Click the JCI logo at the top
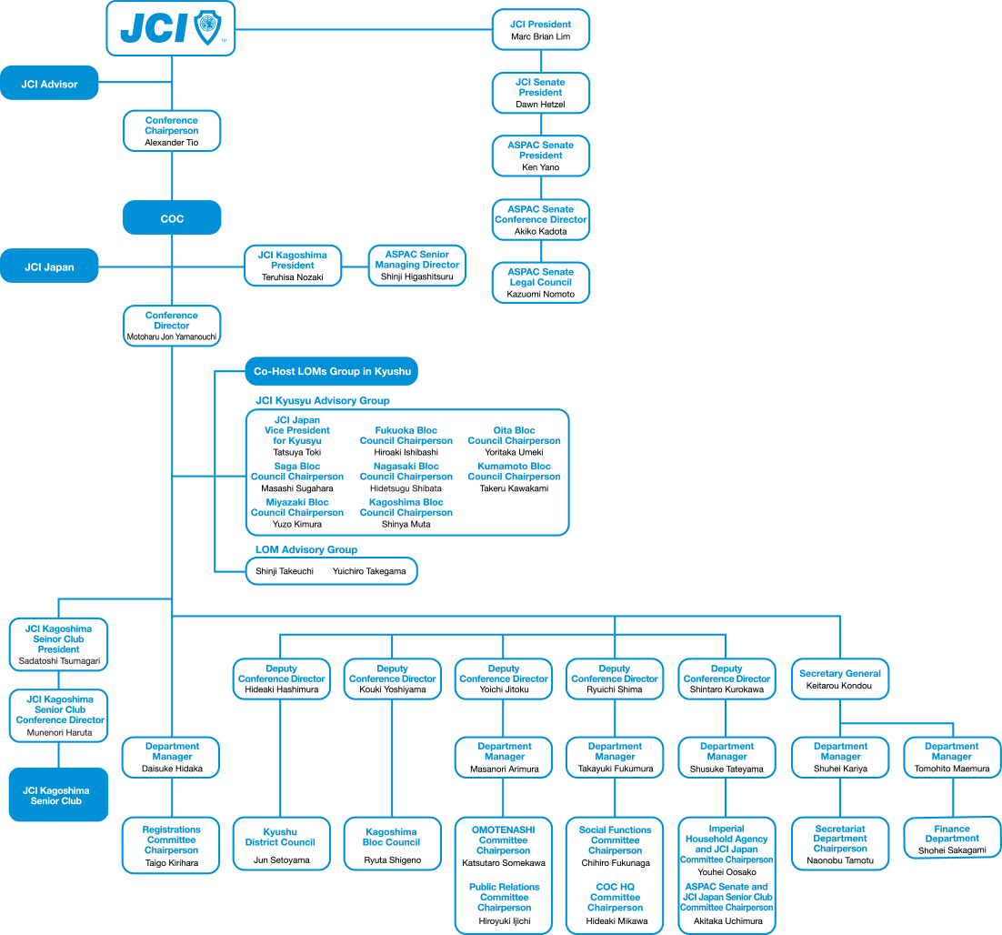click(171, 28)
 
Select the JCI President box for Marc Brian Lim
click(541, 30)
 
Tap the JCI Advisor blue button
click(50, 84)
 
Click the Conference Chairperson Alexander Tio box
click(172, 131)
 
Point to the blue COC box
click(172, 218)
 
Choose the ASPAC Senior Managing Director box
click(417, 266)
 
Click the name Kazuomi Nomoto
click(541, 294)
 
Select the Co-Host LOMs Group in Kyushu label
click(332, 371)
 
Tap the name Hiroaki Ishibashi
click(406, 452)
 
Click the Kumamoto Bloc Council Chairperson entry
click(514, 477)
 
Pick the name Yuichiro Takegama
click(369, 571)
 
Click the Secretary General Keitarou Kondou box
click(839, 679)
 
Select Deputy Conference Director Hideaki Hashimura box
click(281, 679)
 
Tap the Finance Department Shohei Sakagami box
click(952, 839)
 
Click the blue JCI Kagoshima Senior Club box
click(57, 795)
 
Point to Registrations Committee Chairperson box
click(172, 845)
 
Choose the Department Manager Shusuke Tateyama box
click(726, 757)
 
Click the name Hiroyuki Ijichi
click(504, 921)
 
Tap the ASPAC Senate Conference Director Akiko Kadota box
click(541, 220)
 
